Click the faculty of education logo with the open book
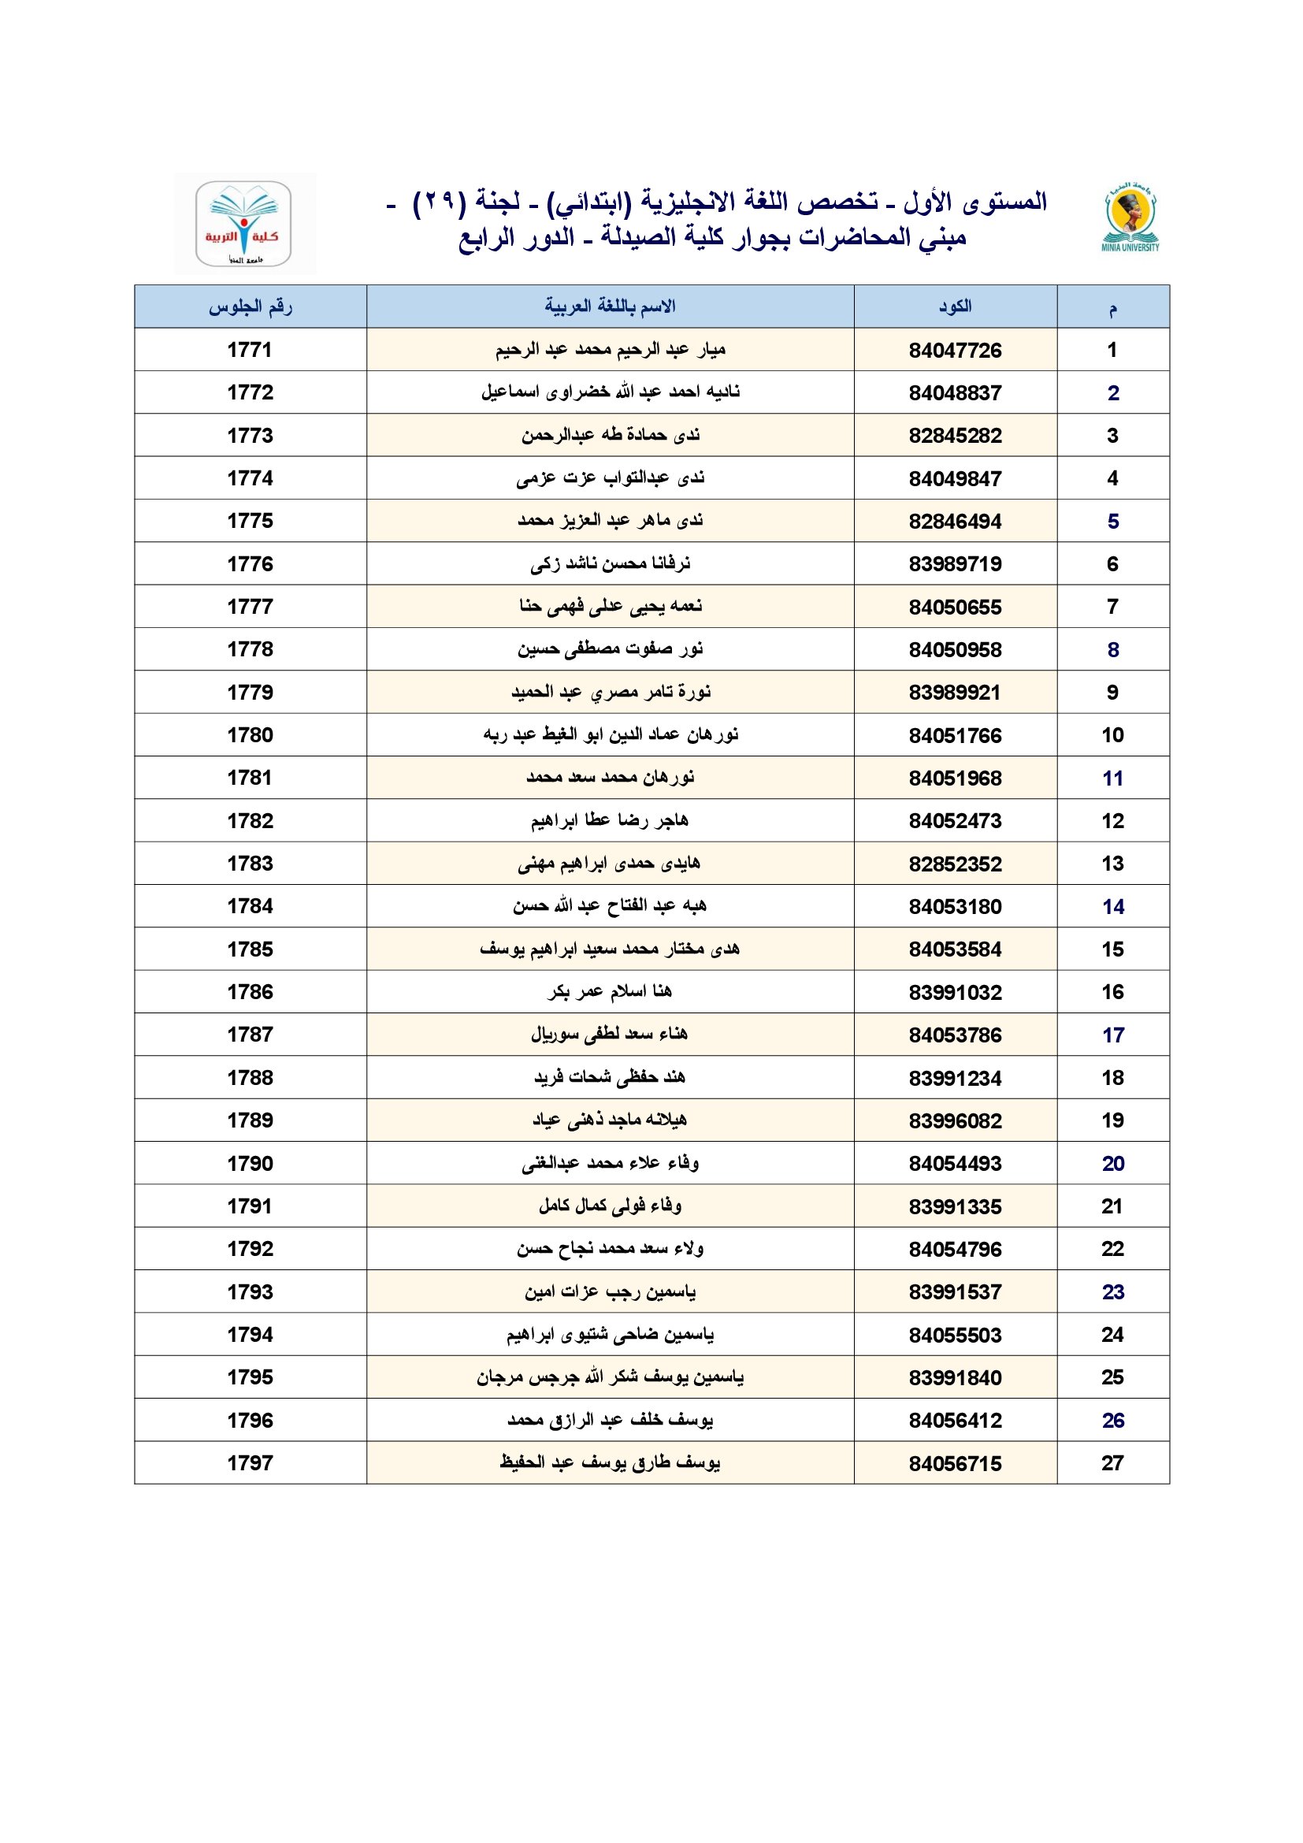click(243, 224)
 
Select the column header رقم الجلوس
click(251, 307)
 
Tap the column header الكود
click(955, 307)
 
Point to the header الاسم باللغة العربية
click(610, 307)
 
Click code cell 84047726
click(955, 350)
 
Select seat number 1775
click(251, 521)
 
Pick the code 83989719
click(955, 564)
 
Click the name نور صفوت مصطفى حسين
click(610, 649)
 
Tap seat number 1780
click(251, 735)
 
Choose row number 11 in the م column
click(1112, 778)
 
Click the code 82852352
click(955, 864)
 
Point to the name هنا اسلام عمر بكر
click(610, 992)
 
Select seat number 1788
click(251, 1078)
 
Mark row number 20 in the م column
click(1112, 1163)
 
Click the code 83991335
click(955, 1206)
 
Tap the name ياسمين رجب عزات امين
click(610, 1291)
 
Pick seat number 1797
click(251, 1463)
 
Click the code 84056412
click(955, 1421)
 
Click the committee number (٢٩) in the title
click(439, 203)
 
